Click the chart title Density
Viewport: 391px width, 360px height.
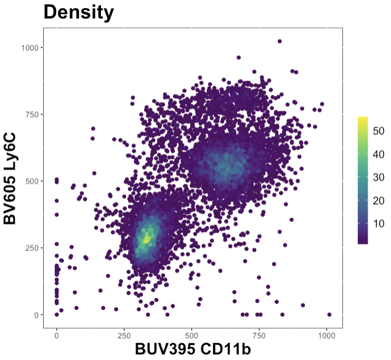click(78, 12)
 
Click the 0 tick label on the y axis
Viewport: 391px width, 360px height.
click(38, 315)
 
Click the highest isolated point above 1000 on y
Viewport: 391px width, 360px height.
click(280, 41)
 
